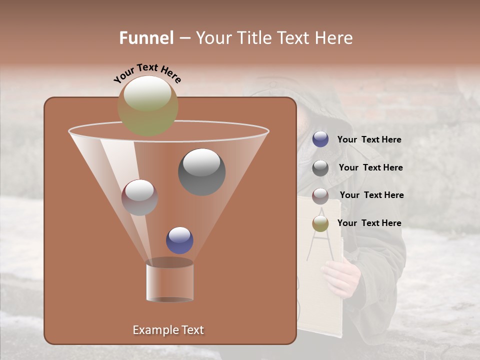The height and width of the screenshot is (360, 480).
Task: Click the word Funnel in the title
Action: pyautogui.click(x=146, y=38)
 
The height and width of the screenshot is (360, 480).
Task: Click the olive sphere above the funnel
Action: pyautogui.click(x=147, y=105)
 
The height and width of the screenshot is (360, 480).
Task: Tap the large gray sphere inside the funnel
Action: pyautogui.click(x=201, y=171)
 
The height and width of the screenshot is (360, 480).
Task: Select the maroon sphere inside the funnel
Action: pyautogui.click(x=139, y=197)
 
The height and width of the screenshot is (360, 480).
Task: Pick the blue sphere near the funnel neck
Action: pyautogui.click(x=179, y=240)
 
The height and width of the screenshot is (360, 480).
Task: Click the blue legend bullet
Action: pyautogui.click(x=320, y=139)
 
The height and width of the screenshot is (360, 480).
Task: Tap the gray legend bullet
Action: pyautogui.click(x=320, y=168)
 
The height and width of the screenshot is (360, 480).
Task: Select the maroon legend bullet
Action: pyautogui.click(x=320, y=196)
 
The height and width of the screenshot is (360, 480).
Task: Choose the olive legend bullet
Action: pyautogui.click(x=320, y=223)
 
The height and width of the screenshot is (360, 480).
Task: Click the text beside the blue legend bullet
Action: pyautogui.click(x=369, y=140)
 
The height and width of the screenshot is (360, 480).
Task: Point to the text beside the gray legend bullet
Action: pyautogui.click(x=370, y=168)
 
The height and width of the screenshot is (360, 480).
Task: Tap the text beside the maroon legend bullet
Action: pyautogui.click(x=371, y=195)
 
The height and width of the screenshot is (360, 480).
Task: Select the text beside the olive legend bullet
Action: pyautogui.click(x=369, y=223)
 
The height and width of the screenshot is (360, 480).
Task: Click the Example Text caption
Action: pyautogui.click(x=168, y=330)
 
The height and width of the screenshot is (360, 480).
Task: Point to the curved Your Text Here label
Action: pyautogui.click(x=147, y=73)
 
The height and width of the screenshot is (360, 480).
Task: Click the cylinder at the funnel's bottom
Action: pyautogui.click(x=169, y=281)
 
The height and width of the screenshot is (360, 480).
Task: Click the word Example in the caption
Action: pyautogui.click(x=154, y=330)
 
